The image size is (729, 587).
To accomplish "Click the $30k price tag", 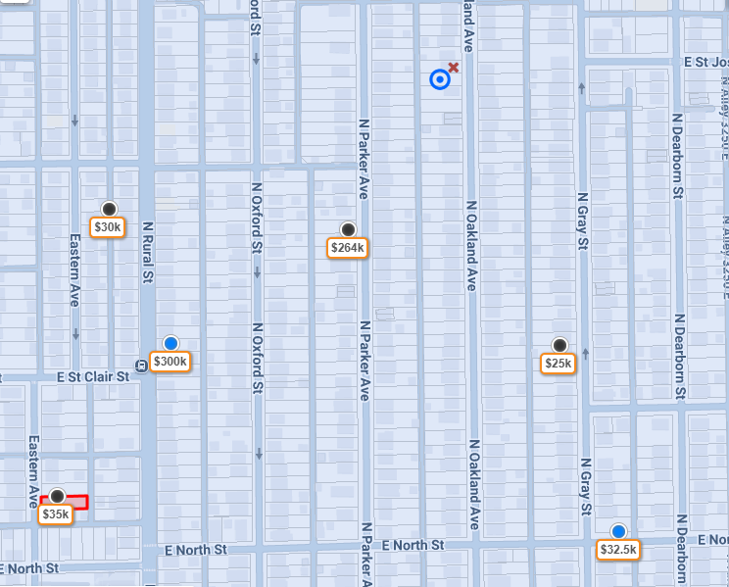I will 107,227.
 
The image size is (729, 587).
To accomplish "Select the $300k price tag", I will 170,362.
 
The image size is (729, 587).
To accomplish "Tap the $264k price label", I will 348,248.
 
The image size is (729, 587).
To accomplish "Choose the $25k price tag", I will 558,364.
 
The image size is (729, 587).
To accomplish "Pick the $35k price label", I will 56,514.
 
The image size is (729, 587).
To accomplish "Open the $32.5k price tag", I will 618,550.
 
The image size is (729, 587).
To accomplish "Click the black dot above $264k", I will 348,228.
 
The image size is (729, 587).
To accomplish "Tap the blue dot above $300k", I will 171,342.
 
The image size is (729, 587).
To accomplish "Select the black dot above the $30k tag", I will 110,209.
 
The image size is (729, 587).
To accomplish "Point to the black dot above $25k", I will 559,344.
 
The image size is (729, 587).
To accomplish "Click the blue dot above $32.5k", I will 618,531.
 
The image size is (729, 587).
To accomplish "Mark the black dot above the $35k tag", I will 58,496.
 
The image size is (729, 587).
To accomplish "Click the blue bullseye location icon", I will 440,79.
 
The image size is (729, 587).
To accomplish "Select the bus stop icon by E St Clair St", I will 142,366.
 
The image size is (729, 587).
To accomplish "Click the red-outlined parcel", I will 77,502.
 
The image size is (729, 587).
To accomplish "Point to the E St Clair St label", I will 93,376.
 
